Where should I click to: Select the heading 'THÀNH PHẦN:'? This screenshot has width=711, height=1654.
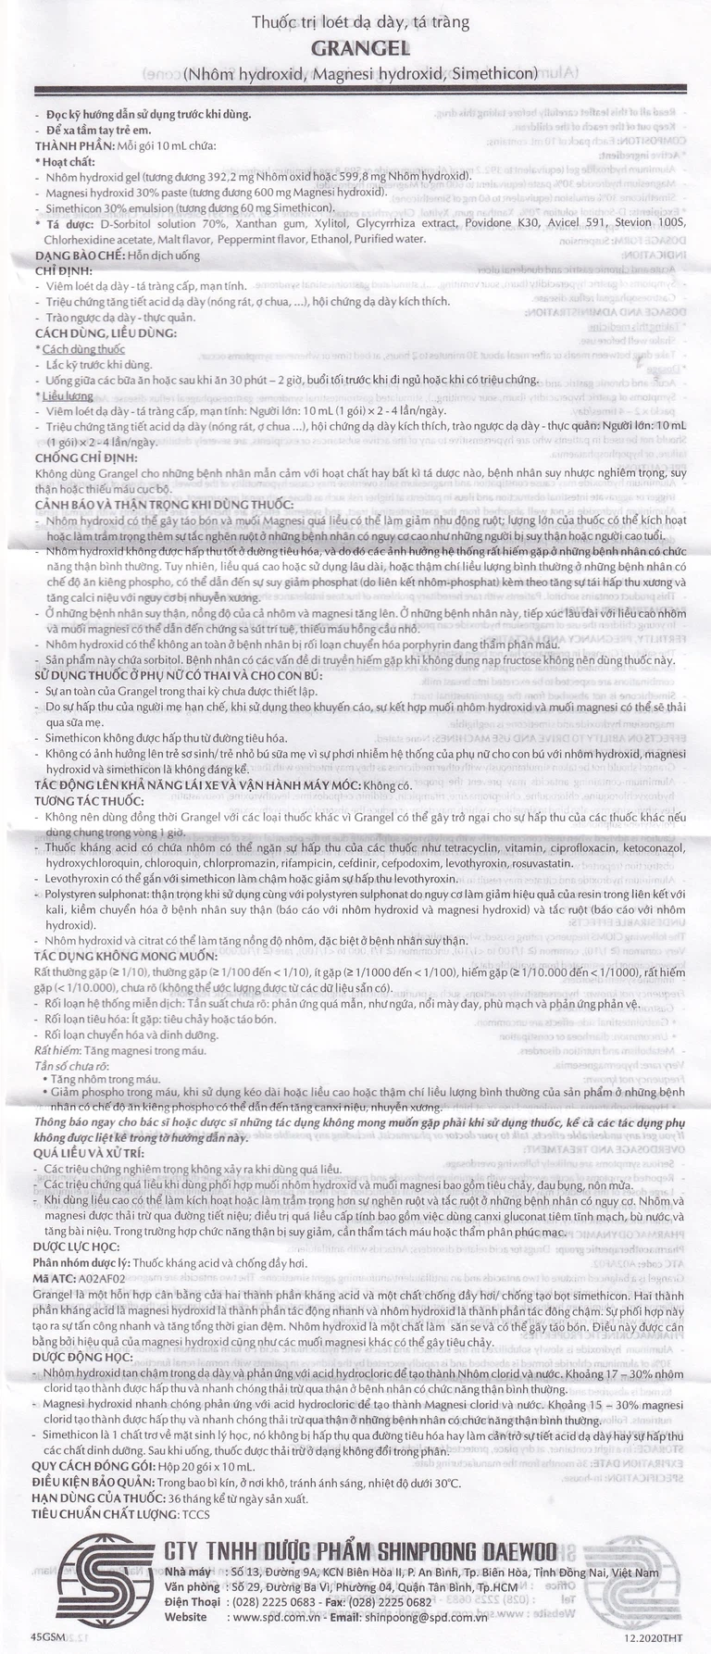[x=74, y=146]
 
